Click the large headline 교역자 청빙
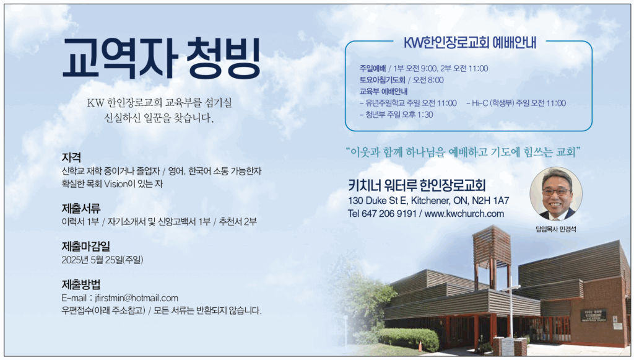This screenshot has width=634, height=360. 162,58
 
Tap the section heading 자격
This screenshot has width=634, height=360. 72,157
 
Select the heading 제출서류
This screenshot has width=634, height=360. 81,208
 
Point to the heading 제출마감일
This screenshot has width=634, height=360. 85,246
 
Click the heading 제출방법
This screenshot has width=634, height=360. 81,284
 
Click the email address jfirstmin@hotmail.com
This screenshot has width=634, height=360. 136,298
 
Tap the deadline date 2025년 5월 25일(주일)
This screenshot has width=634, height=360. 102,260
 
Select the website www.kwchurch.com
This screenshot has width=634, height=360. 464,214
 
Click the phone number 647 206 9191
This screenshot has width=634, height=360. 389,214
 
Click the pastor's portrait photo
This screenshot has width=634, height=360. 556,194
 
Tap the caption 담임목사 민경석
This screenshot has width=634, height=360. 556,229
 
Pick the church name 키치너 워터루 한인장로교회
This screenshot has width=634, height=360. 417,185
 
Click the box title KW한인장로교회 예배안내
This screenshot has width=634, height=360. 470,43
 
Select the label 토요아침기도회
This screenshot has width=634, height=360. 382,80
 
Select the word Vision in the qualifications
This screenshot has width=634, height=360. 116,183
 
